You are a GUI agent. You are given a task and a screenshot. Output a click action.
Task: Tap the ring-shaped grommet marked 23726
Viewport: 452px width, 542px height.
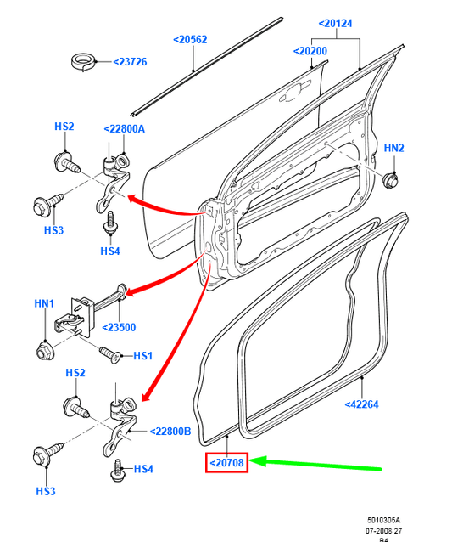tap(83, 62)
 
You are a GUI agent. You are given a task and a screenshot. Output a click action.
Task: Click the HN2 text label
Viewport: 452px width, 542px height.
tap(393, 148)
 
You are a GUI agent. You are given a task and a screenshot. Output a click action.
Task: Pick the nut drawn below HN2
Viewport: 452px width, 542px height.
tap(391, 179)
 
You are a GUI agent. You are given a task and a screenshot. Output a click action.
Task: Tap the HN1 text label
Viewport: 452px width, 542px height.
tap(44, 303)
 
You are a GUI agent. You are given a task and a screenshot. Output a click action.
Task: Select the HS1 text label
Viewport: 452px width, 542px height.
tap(142, 355)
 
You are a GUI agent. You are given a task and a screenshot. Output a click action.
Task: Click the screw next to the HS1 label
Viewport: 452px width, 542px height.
tap(110, 352)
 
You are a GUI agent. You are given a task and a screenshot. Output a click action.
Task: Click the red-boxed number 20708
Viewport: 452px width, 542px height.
tap(226, 464)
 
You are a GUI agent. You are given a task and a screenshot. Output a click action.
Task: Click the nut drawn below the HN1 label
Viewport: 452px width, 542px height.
tap(44, 349)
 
